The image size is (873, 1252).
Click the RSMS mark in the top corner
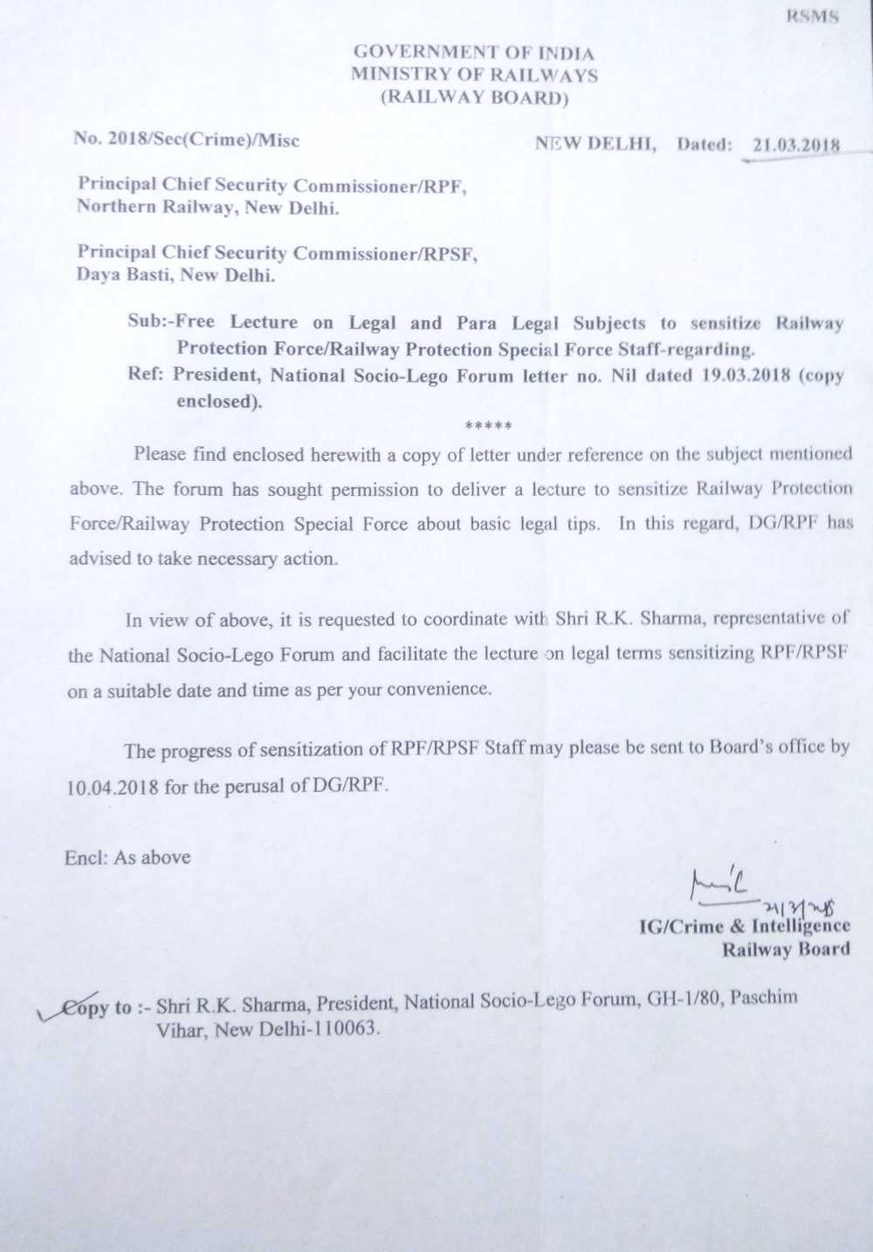812,17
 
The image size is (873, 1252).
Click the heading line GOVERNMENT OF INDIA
473,53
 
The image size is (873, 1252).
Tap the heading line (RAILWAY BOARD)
474,98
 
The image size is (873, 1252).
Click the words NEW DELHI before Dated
595,144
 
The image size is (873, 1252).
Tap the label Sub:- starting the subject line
151,320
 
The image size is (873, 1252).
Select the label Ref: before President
146,375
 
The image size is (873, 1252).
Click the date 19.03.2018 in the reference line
745,375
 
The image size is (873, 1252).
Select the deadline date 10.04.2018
113,787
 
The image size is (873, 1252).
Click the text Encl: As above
127,857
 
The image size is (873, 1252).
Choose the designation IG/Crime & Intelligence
744,926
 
